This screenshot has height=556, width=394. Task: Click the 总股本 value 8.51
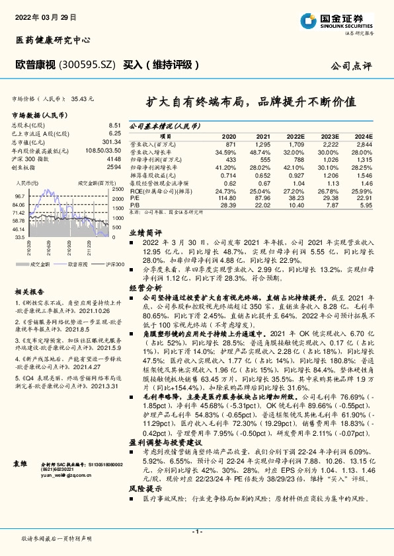(114, 125)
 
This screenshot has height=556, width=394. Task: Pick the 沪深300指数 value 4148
(114, 159)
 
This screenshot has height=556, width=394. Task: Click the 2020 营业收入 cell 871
(230, 144)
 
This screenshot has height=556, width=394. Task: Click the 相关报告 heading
(30, 291)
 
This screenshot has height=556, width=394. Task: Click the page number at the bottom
(196, 532)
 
